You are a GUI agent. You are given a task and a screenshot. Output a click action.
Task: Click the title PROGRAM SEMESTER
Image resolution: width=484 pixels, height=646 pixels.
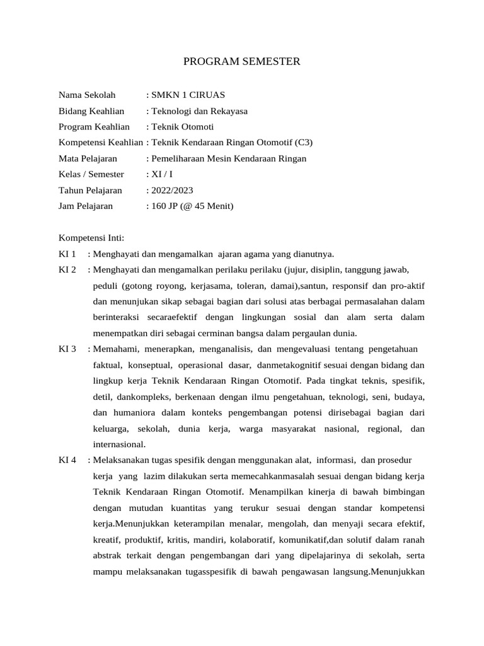(x=242, y=62)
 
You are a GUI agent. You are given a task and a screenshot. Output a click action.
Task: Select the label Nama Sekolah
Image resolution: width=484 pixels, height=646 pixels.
(x=87, y=95)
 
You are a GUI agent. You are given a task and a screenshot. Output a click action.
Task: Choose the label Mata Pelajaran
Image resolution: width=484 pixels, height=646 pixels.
(x=88, y=158)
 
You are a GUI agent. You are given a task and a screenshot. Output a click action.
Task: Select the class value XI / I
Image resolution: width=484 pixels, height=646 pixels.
(x=161, y=174)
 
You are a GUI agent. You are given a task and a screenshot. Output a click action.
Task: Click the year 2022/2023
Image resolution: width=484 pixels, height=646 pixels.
(x=172, y=190)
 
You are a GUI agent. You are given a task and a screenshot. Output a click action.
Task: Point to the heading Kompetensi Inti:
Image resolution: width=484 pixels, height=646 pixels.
(x=91, y=238)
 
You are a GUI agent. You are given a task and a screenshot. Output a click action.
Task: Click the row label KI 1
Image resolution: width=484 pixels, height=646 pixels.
(x=67, y=254)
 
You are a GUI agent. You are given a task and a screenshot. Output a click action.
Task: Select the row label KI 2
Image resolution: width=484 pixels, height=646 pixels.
(x=67, y=270)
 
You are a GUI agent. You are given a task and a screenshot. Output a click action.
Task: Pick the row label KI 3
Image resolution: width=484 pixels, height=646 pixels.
(x=67, y=349)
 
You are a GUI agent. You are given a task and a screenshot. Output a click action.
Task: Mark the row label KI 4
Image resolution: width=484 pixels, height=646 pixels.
(x=67, y=459)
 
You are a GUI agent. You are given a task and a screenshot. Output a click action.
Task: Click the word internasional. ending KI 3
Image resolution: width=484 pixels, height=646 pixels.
(x=119, y=443)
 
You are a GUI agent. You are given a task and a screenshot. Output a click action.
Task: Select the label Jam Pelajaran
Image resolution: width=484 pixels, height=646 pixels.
(x=86, y=206)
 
